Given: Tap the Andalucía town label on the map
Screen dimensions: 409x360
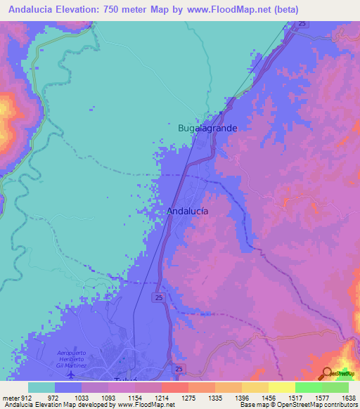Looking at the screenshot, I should tap(188, 211).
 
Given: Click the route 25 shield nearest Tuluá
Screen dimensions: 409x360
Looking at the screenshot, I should tap(179, 369).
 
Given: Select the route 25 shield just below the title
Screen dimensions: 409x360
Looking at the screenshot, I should tap(302, 24).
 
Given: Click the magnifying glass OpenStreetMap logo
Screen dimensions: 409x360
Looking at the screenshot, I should tap(327, 372).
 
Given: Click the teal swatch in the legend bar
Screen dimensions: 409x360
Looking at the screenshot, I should tap(41, 387).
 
